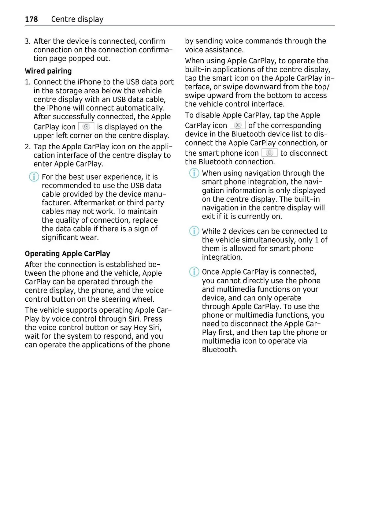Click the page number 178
tap(31, 19)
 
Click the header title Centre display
tap(77, 19)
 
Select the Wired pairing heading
tap(48, 71)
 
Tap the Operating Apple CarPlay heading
tap(67, 254)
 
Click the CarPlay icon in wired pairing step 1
tap(86, 126)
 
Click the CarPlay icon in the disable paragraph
tap(238, 125)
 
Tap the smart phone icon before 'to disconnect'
tap(269, 153)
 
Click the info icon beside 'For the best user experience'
tap(34, 177)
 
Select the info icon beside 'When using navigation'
tap(194, 173)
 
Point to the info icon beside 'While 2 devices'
tap(194, 231)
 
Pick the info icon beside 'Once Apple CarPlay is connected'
tap(194, 272)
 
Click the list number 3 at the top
tap(27, 41)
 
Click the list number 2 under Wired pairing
tap(28, 147)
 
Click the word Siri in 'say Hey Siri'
tap(155, 328)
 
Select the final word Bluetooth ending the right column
tap(219, 350)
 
